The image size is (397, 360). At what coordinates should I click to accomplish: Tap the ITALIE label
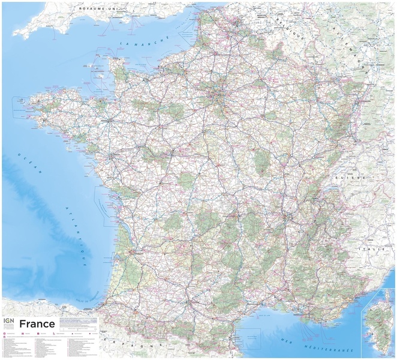pos(368,248)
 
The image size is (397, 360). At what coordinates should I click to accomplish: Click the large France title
pos(37,325)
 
